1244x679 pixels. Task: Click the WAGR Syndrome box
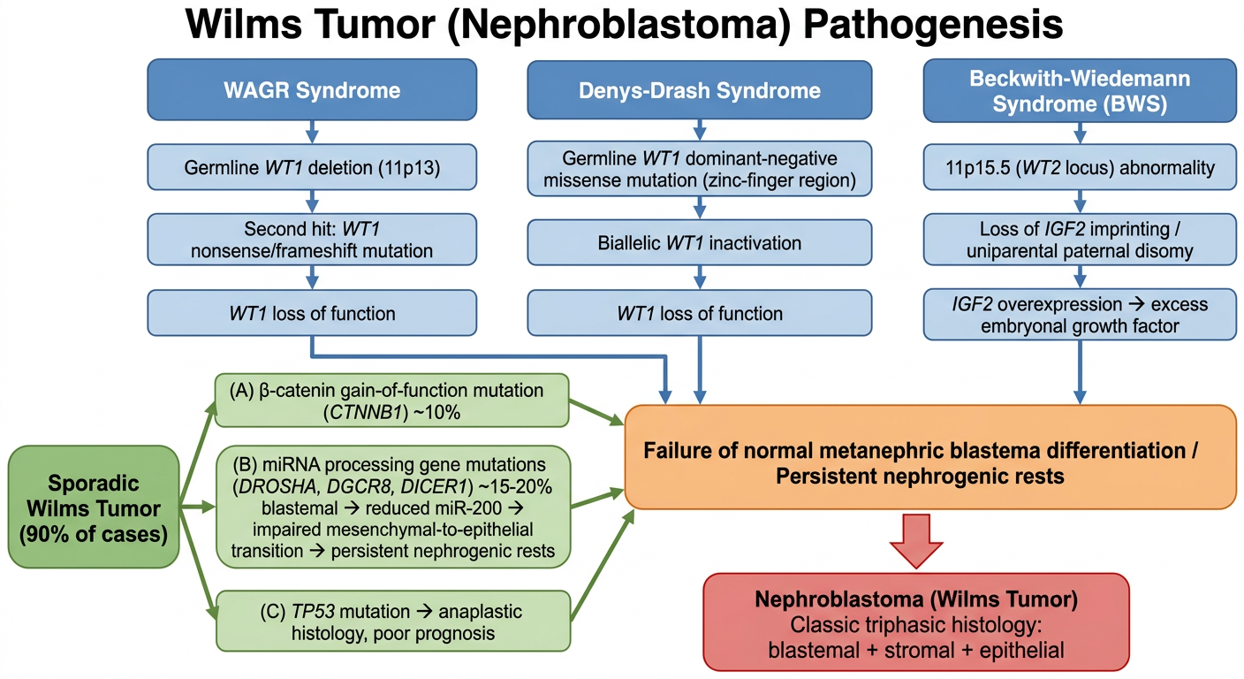(312, 89)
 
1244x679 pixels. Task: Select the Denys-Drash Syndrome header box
(699, 90)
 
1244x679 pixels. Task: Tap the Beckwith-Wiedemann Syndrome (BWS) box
(1080, 90)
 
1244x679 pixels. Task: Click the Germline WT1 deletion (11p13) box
(312, 167)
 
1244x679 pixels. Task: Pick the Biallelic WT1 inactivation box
(699, 243)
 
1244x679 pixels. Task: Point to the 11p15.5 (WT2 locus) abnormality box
(1080, 167)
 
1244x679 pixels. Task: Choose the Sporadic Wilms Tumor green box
(94, 507)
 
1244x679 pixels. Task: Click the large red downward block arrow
(916, 541)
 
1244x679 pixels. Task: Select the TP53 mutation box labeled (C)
(392, 622)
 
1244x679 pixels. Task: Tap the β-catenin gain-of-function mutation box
(391, 401)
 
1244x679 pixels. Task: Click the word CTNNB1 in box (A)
(365, 413)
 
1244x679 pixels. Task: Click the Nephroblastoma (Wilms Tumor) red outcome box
(916, 623)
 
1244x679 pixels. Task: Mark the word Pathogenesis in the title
(933, 25)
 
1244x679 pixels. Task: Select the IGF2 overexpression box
(1080, 315)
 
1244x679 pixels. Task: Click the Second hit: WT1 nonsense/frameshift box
(312, 240)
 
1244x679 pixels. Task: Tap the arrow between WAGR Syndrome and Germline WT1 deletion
(312, 133)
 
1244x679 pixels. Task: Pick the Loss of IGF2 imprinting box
(1080, 240)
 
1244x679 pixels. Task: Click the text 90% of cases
(94, 534)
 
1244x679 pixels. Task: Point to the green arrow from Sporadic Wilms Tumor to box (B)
(197, 507)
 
